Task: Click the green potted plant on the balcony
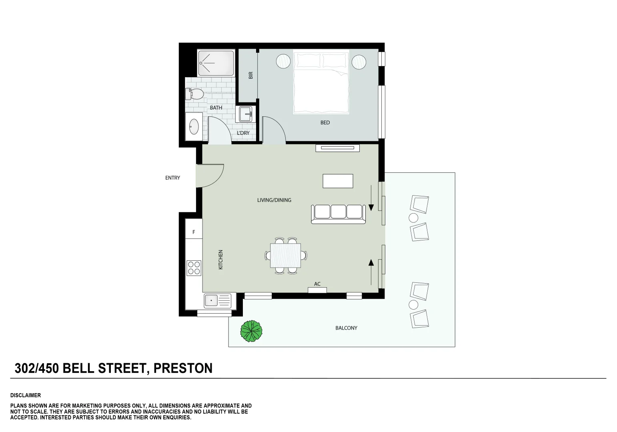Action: coord(251,331)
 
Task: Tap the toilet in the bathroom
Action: coord(194,94)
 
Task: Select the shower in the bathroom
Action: coord(216,63)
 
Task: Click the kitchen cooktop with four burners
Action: coord(194,268)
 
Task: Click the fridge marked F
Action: coord(194,232)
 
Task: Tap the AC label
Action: coord(317,284)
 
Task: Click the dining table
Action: coord(286,255)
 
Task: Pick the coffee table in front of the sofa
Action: coord(338,181)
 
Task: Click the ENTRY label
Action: coord(173,178)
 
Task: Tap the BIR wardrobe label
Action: coord(251,75)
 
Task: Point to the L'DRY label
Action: coord(243,133)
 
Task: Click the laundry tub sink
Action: coord(245,114)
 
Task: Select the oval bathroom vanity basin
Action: coord(194,126)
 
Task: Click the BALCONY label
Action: coord(346,328)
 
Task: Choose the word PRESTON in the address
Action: coord(183,368)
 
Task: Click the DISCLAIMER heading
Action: coord(26,395)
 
